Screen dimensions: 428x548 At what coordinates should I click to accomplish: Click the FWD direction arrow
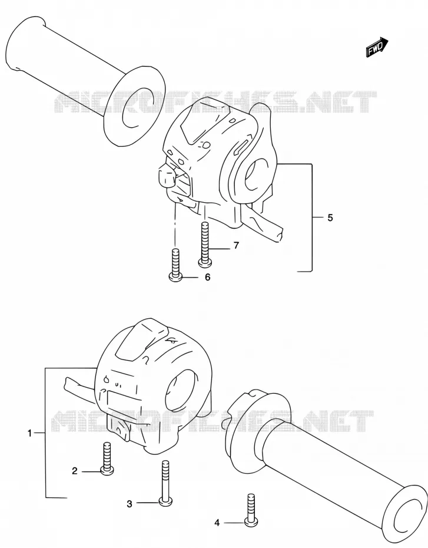pos(377,47)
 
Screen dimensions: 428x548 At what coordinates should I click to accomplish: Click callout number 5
pos(330,218)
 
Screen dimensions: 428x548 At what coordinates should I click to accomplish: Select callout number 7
pos(236,246)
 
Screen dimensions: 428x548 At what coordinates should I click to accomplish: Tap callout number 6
pos(208,277)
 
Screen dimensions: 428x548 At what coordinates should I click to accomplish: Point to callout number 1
pos(29,433)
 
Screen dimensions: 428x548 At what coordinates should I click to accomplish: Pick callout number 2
pos(74,471)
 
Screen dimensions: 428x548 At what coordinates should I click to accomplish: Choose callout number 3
pos(130,504)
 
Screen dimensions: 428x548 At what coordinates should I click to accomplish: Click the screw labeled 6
pos(176,265)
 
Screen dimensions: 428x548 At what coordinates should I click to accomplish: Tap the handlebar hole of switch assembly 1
pos(180,390)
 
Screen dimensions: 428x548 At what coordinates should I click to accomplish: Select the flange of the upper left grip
pos(134,104)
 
